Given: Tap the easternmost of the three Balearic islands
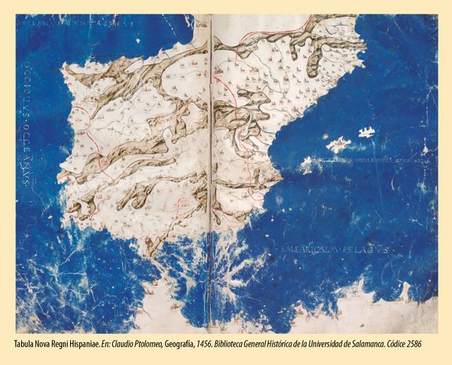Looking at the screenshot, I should click(367, 132).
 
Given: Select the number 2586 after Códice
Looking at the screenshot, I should click(431, 343).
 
